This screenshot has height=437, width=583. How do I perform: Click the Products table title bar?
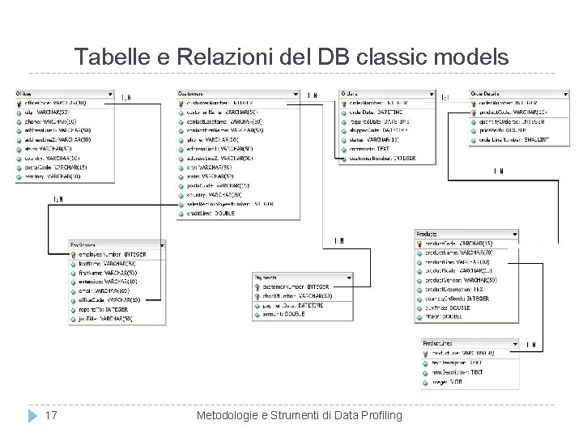point(470,233)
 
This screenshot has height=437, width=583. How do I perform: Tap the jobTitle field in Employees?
point(105,318)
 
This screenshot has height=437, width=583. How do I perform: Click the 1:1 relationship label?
point(445,97)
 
